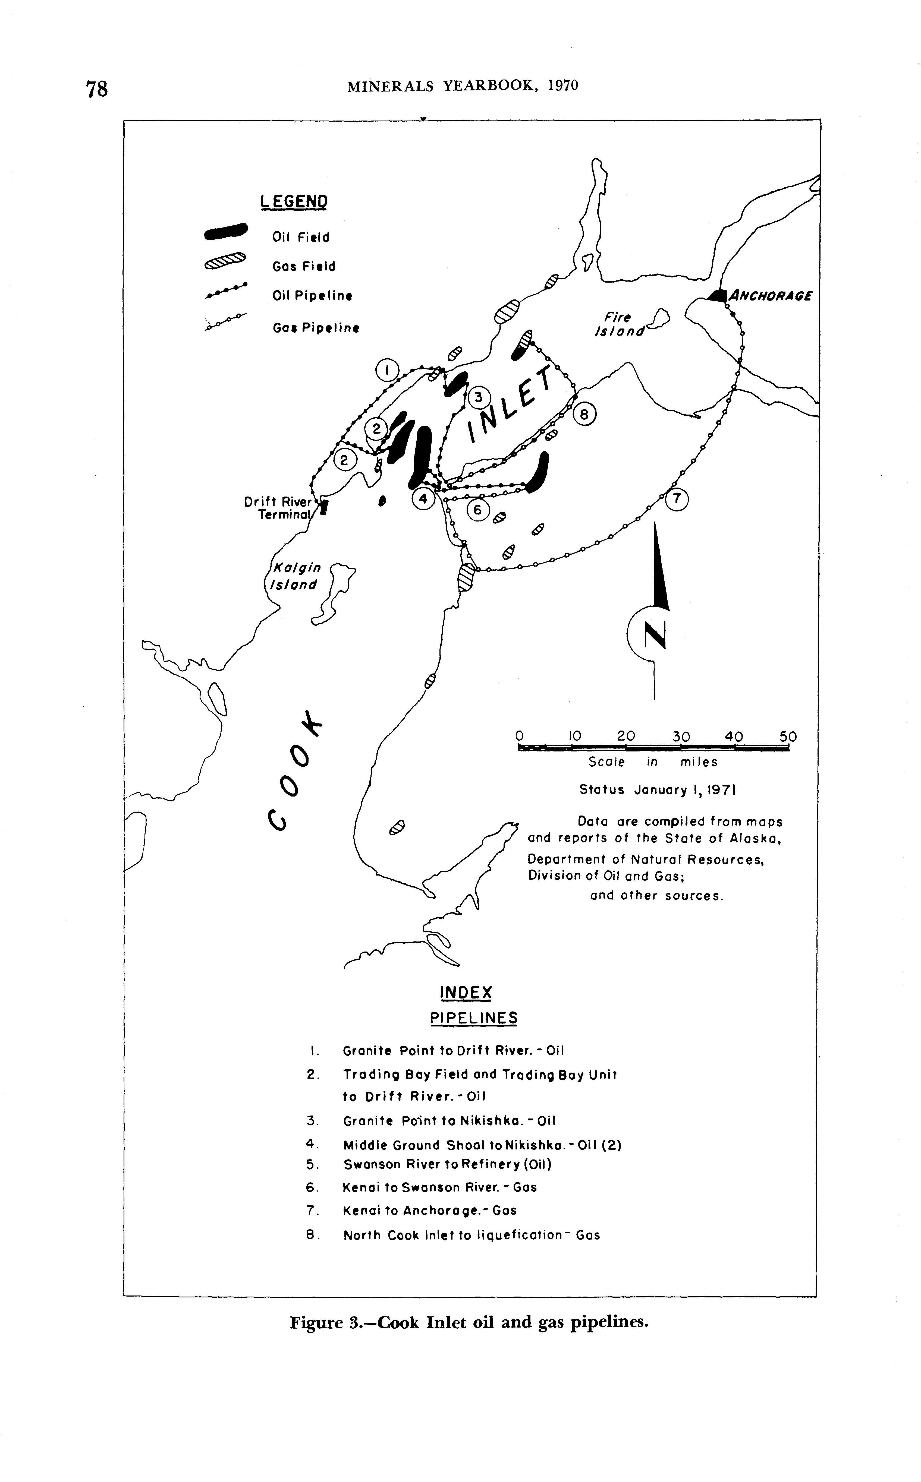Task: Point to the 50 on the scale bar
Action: point(788,736)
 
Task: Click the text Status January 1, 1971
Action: point(658,790)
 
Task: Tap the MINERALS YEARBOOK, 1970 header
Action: point(462,86)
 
